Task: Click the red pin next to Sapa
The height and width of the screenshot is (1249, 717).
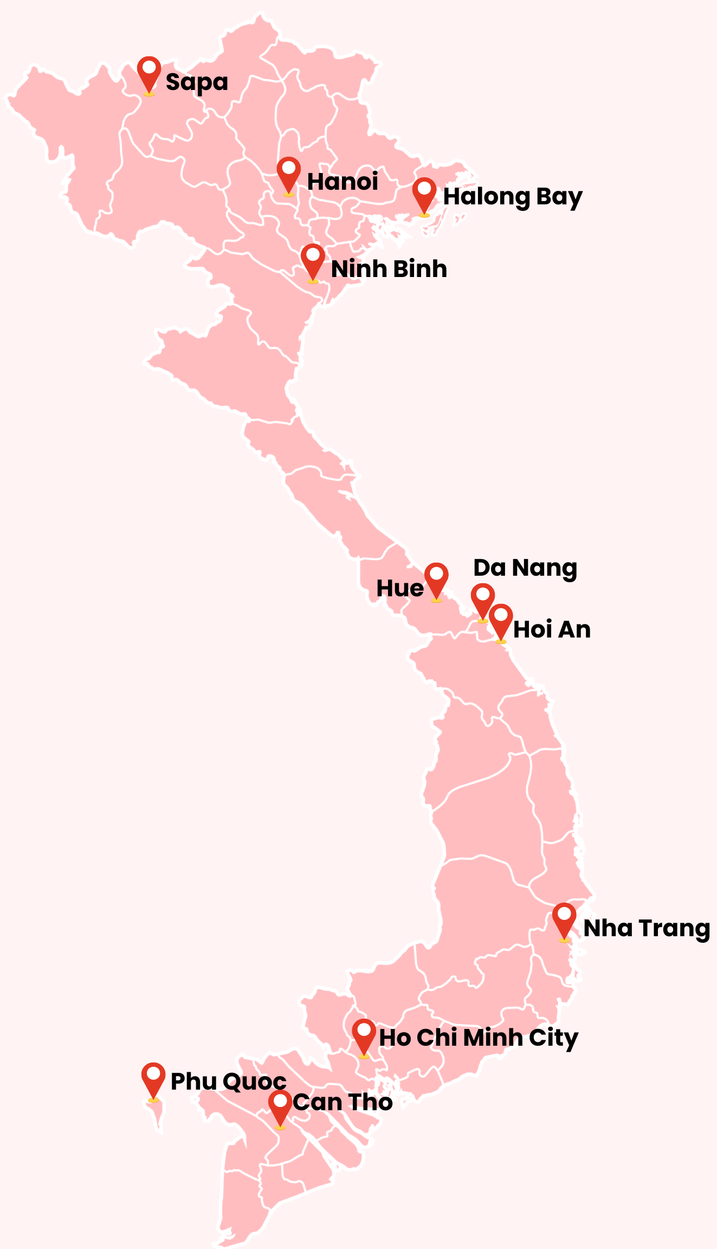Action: tap(149, 73)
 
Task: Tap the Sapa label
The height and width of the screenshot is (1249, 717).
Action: tap(197, 82)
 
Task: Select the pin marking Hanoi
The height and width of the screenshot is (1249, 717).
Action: tap(289, 173)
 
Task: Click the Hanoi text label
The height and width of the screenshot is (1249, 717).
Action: tap(343, 182)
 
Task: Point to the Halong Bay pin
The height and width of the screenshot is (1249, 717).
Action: tap(424, 194)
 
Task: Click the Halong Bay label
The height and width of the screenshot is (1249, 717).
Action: tap(513, 197)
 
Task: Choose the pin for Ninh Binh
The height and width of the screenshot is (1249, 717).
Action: tap(313, 260)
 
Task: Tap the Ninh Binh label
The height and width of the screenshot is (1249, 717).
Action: tap(389, 269)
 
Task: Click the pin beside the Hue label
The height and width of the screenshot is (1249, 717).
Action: tap(436, 579)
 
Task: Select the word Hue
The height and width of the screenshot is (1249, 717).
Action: tap(400, 589)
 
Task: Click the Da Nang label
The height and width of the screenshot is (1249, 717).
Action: tap(525, 568)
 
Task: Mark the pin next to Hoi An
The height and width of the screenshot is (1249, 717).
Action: tap(501, 620)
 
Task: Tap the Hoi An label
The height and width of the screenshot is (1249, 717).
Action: tap(552, 630)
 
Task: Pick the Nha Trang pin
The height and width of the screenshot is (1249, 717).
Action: tap(564, 919)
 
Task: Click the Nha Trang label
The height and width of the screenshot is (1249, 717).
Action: tap(647, 929)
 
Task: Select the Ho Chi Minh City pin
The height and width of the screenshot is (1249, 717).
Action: tap(364, 1035)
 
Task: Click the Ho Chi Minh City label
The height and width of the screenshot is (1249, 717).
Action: tap(479, 1038)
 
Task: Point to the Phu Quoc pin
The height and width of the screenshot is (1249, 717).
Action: tap(153, 1079)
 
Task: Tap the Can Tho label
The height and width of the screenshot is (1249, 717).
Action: tap(343, 1102)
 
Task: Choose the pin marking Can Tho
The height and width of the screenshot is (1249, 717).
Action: tap(280, 1107)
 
